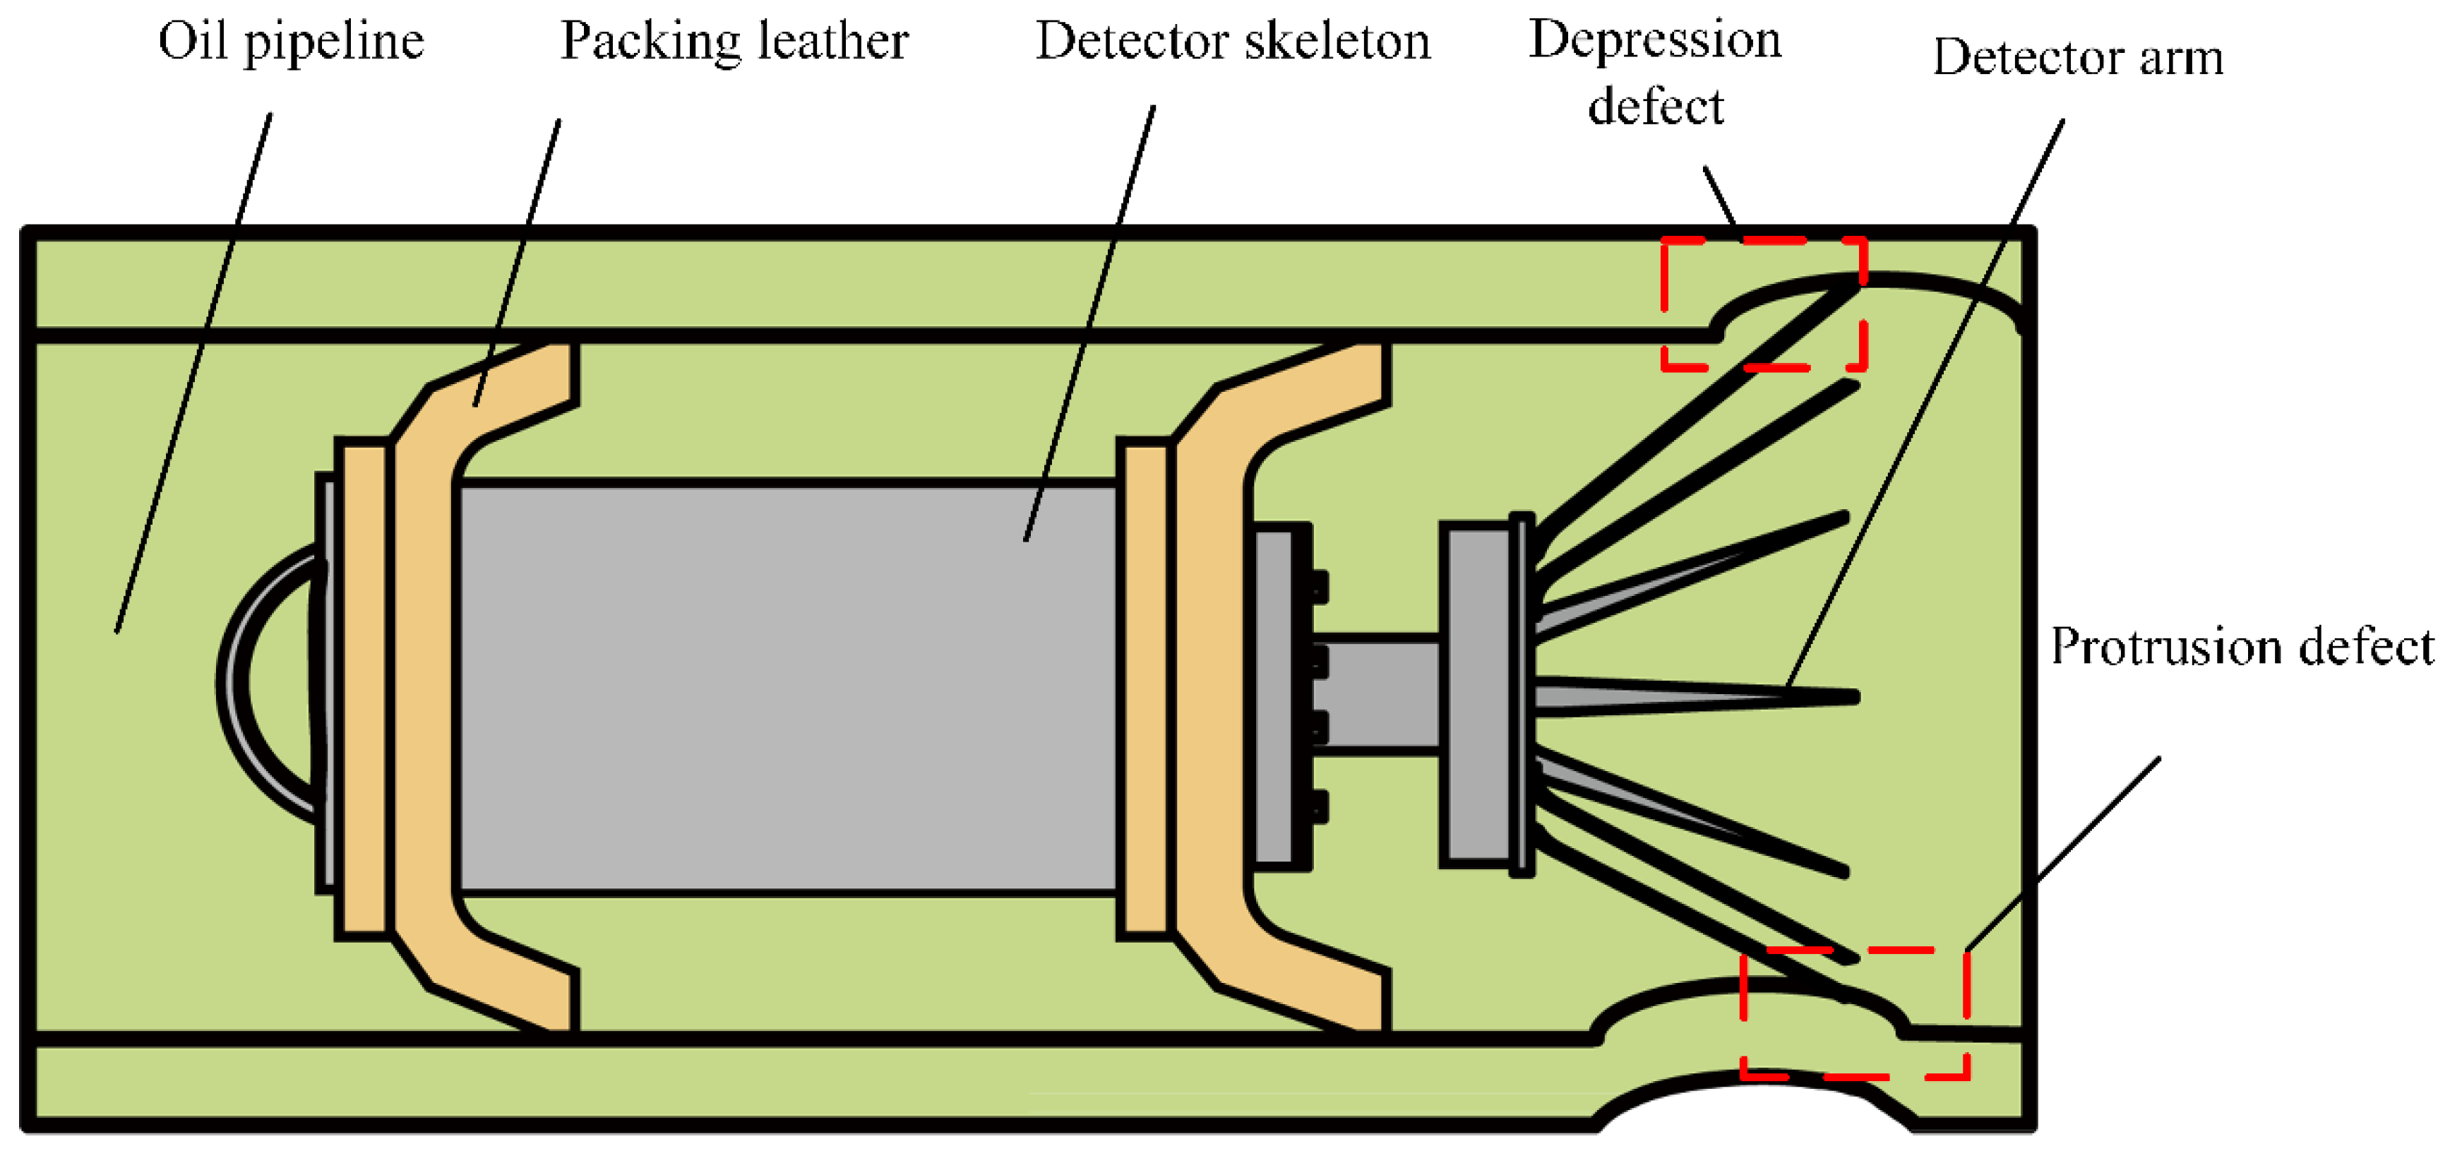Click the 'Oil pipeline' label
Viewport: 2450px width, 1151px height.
(291, 43)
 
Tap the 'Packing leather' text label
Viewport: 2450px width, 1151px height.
(734, 43)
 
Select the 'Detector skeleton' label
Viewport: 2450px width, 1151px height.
(1233, 43)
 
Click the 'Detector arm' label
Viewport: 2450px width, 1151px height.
(2078, 59)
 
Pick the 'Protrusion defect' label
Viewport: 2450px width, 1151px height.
(2242, 648)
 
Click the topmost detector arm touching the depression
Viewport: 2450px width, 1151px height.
(1693, 408)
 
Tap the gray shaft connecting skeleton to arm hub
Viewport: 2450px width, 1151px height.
(1379, 694)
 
